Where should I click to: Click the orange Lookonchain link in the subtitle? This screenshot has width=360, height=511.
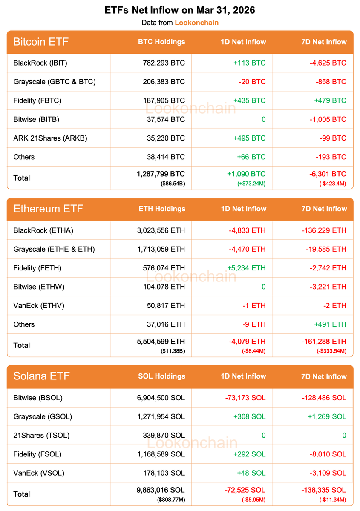(x=196, y=23)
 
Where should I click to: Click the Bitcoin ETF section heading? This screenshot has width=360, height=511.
(x=41, y=42)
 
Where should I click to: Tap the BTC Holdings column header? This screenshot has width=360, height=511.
(x=161, y=42)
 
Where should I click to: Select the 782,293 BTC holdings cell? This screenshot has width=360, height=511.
(x=164, y=63)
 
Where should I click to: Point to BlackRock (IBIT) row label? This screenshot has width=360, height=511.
(x=40, y=63)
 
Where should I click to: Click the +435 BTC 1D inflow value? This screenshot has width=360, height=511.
(x=249, y=100)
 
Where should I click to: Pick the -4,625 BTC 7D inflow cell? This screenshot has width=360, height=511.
(x=328, y=63)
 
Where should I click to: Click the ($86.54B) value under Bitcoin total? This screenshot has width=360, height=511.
(x=173, y=184)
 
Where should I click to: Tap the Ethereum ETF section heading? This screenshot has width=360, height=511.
(x=48, y=209)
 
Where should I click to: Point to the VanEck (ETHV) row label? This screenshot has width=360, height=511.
(x=39, y=305)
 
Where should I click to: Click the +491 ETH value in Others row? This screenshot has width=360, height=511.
(x=330, y=324)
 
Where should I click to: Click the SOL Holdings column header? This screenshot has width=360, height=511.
(x=162, y=376)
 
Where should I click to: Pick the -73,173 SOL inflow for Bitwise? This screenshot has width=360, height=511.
(x=245, y=398)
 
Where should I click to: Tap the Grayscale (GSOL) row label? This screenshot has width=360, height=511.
(x=43, y=416)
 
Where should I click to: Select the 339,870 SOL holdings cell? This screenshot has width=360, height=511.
(x=164, y=435)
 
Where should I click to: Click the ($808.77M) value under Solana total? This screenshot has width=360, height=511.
(x=171, y=500)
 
